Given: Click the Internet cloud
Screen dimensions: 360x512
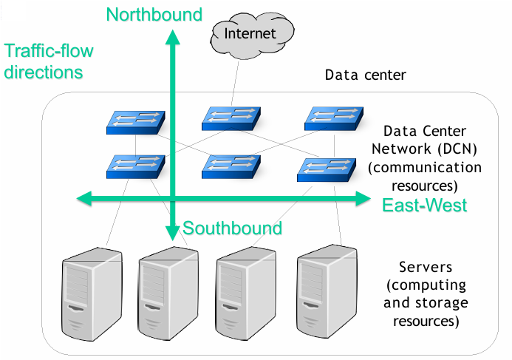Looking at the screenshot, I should pos(249,33).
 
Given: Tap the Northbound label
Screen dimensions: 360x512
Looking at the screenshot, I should pos(154,14).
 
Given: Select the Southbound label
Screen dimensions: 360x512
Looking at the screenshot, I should pos(233,228).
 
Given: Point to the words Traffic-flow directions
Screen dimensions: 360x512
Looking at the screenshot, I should pos(44,62).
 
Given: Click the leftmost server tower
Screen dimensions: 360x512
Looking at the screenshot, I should pos(90,292).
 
